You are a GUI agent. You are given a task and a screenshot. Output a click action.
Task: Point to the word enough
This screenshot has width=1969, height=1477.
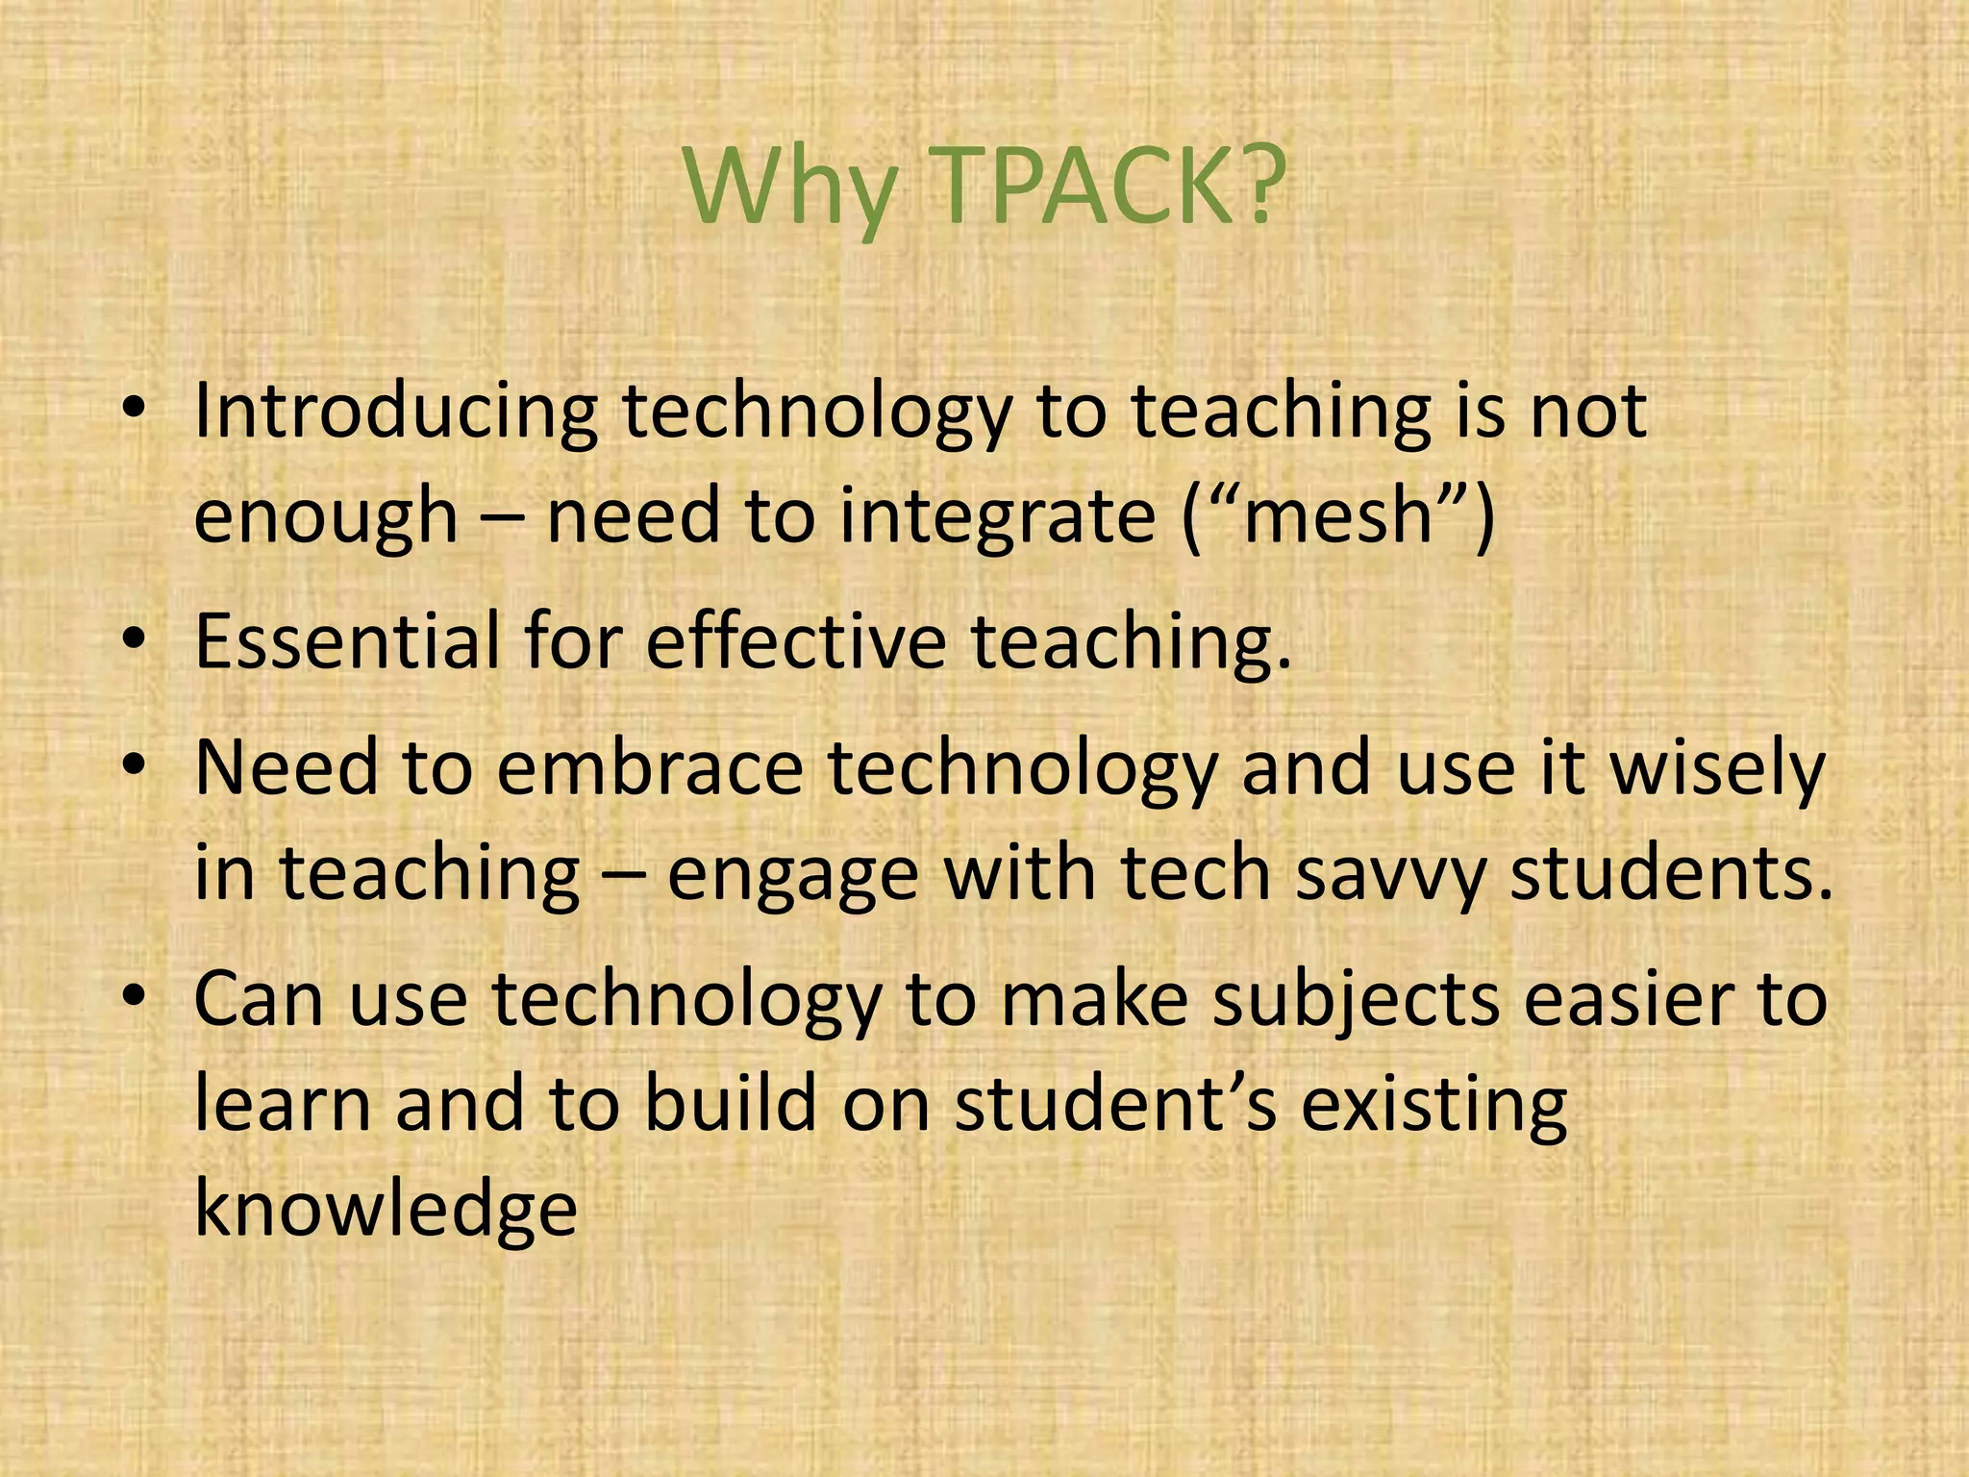coord(325,517)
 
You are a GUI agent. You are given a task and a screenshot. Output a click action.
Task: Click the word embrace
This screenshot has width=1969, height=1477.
coord(649,769)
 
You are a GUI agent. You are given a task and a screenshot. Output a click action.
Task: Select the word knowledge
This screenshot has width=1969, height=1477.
coord(386,1210)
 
